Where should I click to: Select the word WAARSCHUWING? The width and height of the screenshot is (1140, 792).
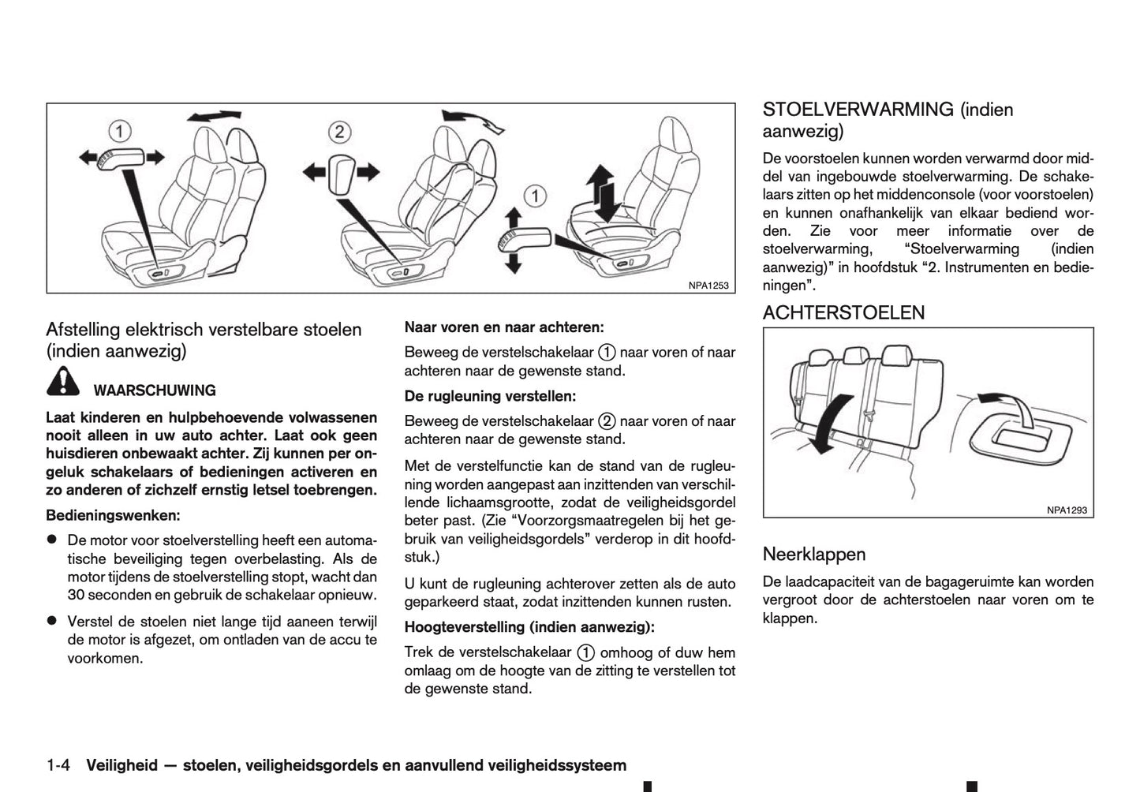155,390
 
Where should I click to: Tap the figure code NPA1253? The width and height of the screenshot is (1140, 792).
708,286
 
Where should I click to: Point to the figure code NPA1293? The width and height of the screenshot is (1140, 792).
1067,510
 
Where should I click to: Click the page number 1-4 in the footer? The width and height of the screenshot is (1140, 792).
59,765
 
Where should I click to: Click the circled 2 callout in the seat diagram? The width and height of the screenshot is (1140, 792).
339,132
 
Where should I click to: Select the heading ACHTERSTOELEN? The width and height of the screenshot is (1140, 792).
843,312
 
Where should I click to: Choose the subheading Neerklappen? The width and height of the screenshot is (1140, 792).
813,555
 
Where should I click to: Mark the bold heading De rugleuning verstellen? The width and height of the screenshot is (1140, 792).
490,396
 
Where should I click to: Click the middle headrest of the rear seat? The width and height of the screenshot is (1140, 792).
852,357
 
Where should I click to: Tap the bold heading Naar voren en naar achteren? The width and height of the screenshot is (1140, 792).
504,327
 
